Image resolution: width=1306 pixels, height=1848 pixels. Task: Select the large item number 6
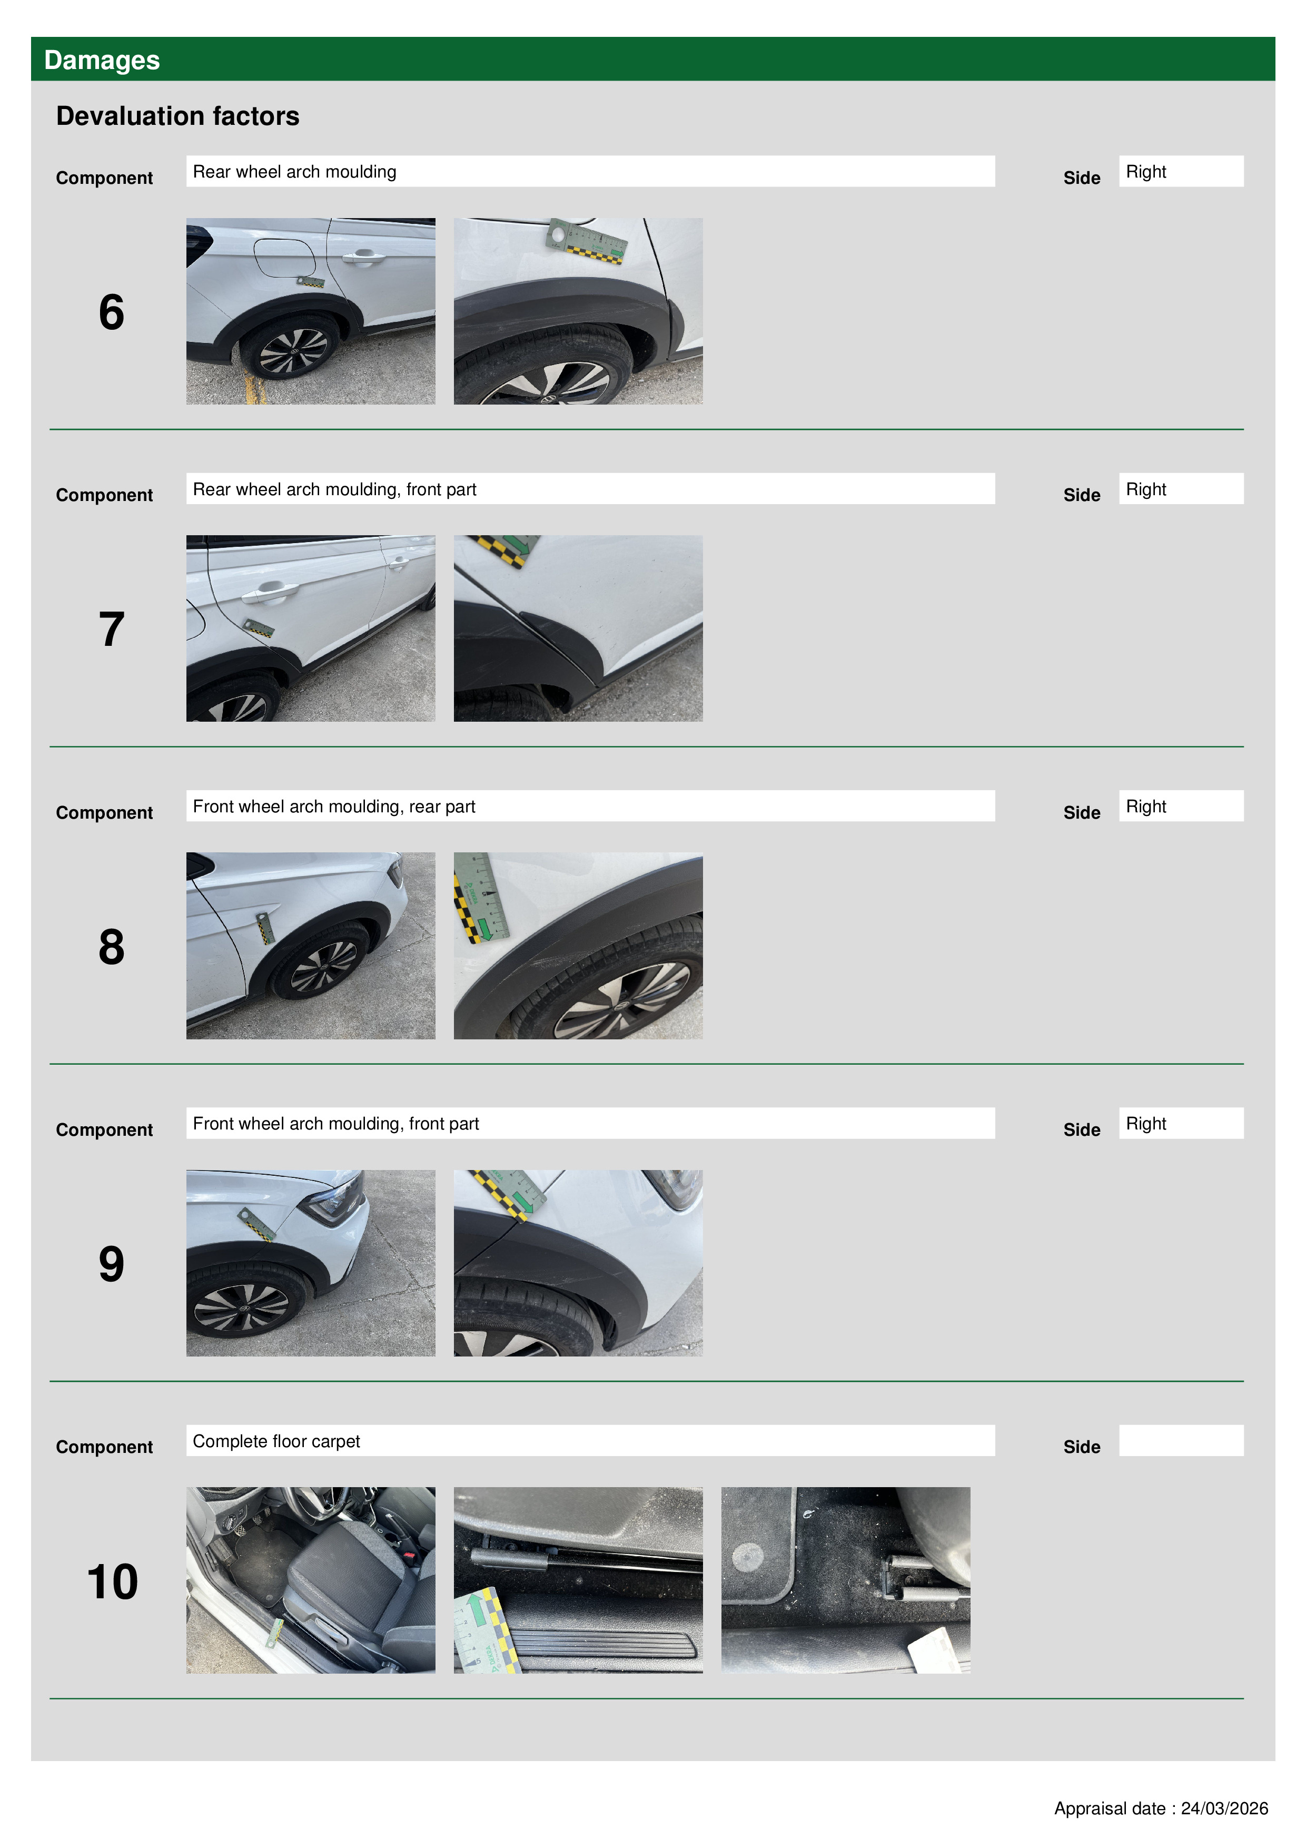pos(112,312)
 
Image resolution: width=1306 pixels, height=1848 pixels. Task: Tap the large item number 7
pos(112,630)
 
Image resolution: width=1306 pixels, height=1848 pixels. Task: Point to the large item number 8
pos(112,947)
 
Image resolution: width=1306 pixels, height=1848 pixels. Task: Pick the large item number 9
pos(112,1264)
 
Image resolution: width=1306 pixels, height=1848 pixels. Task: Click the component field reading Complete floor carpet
pos(591,1441)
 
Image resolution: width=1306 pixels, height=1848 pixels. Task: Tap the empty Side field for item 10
pos(1181,1441)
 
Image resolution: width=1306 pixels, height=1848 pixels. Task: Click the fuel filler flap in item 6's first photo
pos(284,257)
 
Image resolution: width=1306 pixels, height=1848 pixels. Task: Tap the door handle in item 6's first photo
pos(363,258)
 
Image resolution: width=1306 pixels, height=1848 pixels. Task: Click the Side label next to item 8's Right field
pos(1082,812)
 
